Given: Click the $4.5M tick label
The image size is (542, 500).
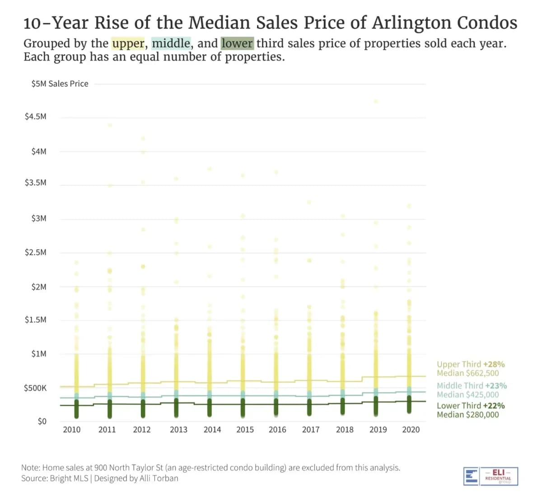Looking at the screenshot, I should pos(36,117).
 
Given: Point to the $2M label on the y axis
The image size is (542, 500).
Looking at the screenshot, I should pos(39,287).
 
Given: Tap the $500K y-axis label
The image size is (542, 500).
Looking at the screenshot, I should pos(35,388).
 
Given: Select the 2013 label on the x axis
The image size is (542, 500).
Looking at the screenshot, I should pos(178,430).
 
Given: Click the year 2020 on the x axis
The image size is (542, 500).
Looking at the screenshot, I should pos(411,430).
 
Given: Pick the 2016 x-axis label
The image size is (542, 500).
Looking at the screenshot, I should pos(277,430).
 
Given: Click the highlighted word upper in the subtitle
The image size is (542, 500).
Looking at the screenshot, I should pos(128,43).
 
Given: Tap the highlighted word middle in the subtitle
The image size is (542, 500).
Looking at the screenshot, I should pos(171,43).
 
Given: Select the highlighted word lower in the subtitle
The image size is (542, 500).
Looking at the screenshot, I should pos(237,43).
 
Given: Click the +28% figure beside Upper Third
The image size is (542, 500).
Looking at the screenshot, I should pos(494,364).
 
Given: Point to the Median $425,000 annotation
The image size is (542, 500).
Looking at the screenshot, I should pos(467,394).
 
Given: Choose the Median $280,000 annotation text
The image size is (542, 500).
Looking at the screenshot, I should pos(467,415).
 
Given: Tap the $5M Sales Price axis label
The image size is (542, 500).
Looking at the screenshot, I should pos(60,84).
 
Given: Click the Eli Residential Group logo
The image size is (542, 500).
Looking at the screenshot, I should pos(491,476).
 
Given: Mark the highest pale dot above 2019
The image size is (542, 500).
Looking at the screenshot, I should pos(376,101).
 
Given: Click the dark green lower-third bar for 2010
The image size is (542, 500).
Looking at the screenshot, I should pos(76,409).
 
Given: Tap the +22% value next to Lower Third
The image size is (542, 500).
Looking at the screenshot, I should pos(494,406).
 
